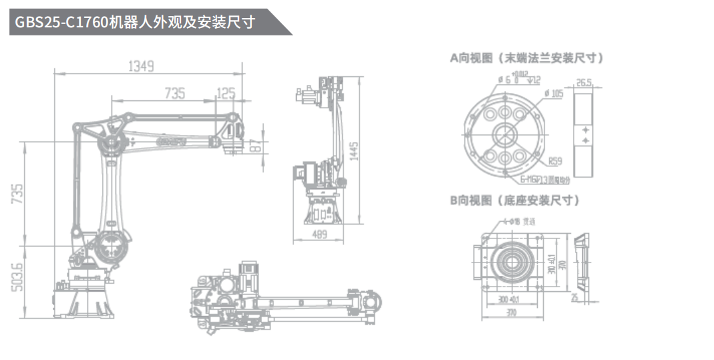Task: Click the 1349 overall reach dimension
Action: pos(141,65)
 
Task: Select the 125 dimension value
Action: pos(226,94)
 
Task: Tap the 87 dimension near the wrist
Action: pos(255,146)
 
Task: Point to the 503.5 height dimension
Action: pos(17,275)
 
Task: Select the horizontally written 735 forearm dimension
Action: pos(174,94)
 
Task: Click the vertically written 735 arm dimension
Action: pos(17,194)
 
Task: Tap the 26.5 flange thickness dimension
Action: pos(584,83)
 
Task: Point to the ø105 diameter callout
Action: pos(554,94)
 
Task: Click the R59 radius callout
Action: pos(554,162)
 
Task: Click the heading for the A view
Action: pos(527,58)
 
